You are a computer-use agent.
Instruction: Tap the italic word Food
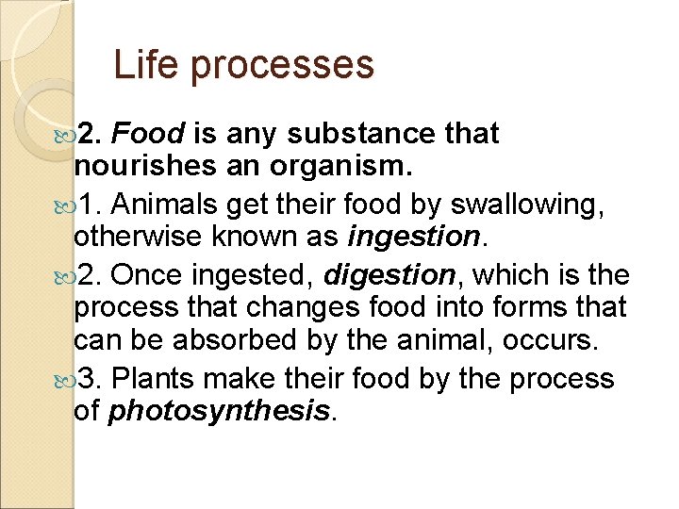pos(146,134)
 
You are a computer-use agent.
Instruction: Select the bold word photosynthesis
pos(221,412)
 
